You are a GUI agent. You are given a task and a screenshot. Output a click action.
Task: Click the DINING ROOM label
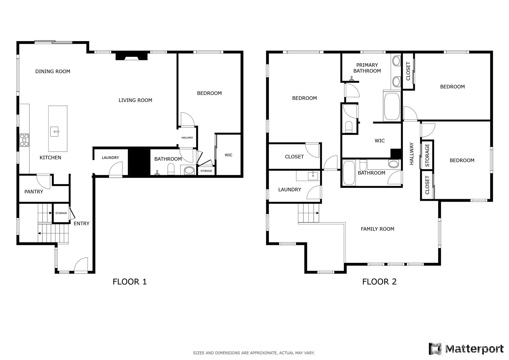[53, 71]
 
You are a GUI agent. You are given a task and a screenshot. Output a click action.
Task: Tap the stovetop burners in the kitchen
[24, 140]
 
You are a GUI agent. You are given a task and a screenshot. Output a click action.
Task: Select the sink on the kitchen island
[54, 132]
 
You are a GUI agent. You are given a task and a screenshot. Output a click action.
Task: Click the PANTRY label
[34, 192]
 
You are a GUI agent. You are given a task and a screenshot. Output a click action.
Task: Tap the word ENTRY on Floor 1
[82, 224]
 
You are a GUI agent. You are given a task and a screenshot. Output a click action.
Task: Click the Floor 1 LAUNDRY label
[110, 158]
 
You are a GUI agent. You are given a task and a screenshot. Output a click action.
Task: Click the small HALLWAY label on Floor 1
[187, 138]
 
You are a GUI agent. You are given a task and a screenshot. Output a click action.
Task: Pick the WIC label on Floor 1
[228, 155]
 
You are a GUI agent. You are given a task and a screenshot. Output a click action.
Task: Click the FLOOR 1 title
[130, 282]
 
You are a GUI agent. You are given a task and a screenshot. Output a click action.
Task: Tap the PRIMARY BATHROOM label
[367, 68]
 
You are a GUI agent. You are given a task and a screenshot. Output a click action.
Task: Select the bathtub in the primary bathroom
[392, 106]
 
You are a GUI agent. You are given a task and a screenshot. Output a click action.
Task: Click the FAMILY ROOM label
[377, 229]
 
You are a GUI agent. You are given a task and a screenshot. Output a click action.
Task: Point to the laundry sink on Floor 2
[313, 176]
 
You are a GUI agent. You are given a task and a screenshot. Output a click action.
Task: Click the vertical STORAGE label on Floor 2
[427, 155]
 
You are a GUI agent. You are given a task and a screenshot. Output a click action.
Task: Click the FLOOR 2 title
[379, 282]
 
